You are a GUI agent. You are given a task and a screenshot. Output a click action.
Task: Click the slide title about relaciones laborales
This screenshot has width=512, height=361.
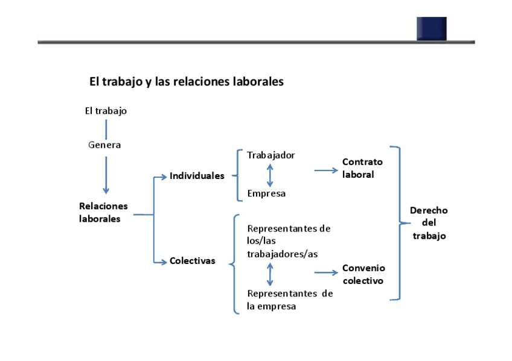click(186, 81)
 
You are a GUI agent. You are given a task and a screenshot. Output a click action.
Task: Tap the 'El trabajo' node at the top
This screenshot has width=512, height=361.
click(106, 111)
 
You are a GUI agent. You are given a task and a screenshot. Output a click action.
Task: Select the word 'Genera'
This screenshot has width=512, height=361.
click(104, 145)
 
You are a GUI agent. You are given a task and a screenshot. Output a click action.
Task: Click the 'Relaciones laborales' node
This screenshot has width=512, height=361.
click(103, 212)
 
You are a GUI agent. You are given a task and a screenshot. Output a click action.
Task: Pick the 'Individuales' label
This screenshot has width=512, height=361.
click(197, 176)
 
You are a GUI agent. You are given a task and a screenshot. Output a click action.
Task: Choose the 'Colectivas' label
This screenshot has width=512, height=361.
click(192, 261)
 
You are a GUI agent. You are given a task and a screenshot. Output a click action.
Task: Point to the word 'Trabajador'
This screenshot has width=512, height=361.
click(271, 155)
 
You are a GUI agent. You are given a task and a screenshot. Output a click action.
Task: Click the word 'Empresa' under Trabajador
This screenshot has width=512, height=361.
click(266, 193)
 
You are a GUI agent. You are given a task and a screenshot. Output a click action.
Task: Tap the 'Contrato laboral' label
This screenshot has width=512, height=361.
click(362, 168)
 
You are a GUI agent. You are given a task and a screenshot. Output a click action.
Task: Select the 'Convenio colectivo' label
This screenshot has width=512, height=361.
click(363, 274)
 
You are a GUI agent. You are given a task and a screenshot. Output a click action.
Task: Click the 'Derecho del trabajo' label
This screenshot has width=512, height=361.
click(429, 223)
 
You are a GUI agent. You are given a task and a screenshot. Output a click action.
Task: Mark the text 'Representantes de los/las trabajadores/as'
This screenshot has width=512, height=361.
click(289, 241)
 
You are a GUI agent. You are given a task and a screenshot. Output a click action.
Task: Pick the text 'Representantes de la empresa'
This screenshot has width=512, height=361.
click(290, 300)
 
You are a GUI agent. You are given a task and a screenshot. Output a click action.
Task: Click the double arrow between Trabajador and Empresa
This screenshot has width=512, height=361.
click(270, 174)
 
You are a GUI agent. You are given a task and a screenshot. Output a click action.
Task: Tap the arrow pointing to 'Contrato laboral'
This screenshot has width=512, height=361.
click(326, 171)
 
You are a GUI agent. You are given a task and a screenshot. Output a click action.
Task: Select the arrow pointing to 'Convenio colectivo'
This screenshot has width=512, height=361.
click(326, 273)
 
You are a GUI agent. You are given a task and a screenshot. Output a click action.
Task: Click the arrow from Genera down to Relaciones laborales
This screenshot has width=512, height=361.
click(106, 175)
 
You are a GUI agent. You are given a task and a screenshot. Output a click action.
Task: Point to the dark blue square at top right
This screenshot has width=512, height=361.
click(431, 28)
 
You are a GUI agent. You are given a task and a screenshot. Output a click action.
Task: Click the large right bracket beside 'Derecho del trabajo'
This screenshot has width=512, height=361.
click(398, 223)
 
